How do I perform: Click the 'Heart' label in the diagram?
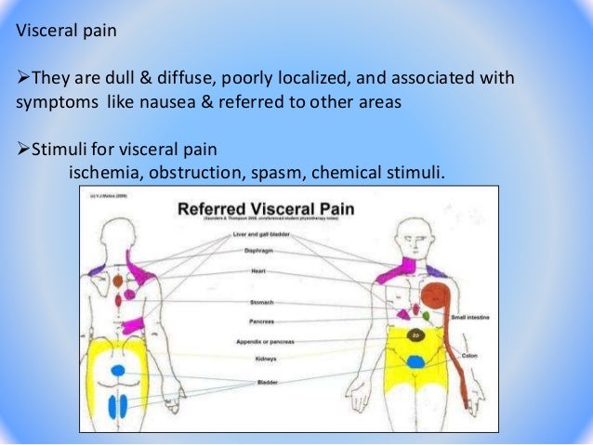(258, 271)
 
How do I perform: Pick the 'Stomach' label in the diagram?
(261, 303)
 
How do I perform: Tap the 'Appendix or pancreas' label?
(261, 343)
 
